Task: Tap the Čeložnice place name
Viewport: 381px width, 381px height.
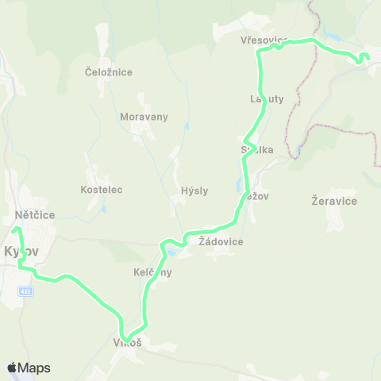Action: (x=108, y=72)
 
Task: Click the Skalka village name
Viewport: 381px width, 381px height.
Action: (x=256, y=149)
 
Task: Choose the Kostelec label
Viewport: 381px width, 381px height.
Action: (x=101, y=190)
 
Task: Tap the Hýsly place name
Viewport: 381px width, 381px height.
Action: (x=194, y=190)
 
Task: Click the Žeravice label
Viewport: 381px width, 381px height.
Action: (x=334, y=202)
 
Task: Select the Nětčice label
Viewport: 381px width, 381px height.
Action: (x=33, y=214)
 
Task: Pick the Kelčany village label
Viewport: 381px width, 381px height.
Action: (x=152, y=272)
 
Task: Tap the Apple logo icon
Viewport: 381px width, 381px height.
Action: (x=12, y=368)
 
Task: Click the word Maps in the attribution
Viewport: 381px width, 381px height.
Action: (x=34, y=368)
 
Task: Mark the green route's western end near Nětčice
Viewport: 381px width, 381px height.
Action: (x=15, y=230)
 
